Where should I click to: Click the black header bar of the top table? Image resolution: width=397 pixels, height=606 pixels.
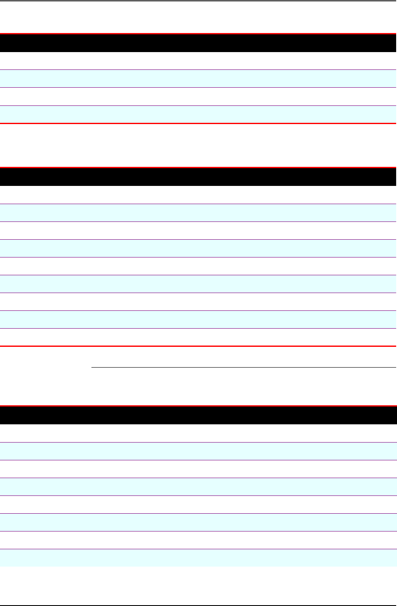[198, 43]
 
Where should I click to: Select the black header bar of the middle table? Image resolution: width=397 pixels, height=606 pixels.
[198, 177]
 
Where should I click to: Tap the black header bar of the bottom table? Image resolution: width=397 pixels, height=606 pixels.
[198, 415]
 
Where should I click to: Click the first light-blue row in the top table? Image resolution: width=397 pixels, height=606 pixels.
[198, 79]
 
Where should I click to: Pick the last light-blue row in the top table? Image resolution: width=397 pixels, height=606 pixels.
[198, 114]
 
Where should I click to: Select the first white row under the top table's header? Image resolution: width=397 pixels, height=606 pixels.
[198, 61]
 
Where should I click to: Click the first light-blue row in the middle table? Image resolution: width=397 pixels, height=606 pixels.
[198, 213]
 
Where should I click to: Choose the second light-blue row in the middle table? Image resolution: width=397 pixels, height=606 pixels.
[198, 248]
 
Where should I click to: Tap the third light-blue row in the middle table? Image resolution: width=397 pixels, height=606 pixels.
[198, 284]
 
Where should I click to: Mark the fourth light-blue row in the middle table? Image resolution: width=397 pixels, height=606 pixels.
[198, 319]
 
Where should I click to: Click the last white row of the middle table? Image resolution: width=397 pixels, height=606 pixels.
[198, 338]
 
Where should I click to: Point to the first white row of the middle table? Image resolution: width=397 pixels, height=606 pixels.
[198, 195]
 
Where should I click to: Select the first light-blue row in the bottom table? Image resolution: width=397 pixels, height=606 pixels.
[198, 451]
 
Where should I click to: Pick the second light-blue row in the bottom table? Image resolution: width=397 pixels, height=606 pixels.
[198, 487]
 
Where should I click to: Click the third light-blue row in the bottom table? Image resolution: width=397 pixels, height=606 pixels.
[198, 523]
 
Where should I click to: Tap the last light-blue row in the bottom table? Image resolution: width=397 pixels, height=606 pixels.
[198, 558]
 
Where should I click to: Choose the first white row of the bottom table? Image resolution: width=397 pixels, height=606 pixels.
[198, 434]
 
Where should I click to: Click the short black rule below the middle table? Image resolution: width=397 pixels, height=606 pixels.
[243, 367]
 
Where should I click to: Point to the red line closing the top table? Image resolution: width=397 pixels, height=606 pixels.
[198, 123]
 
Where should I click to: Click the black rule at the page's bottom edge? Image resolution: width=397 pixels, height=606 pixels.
[198, 605]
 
